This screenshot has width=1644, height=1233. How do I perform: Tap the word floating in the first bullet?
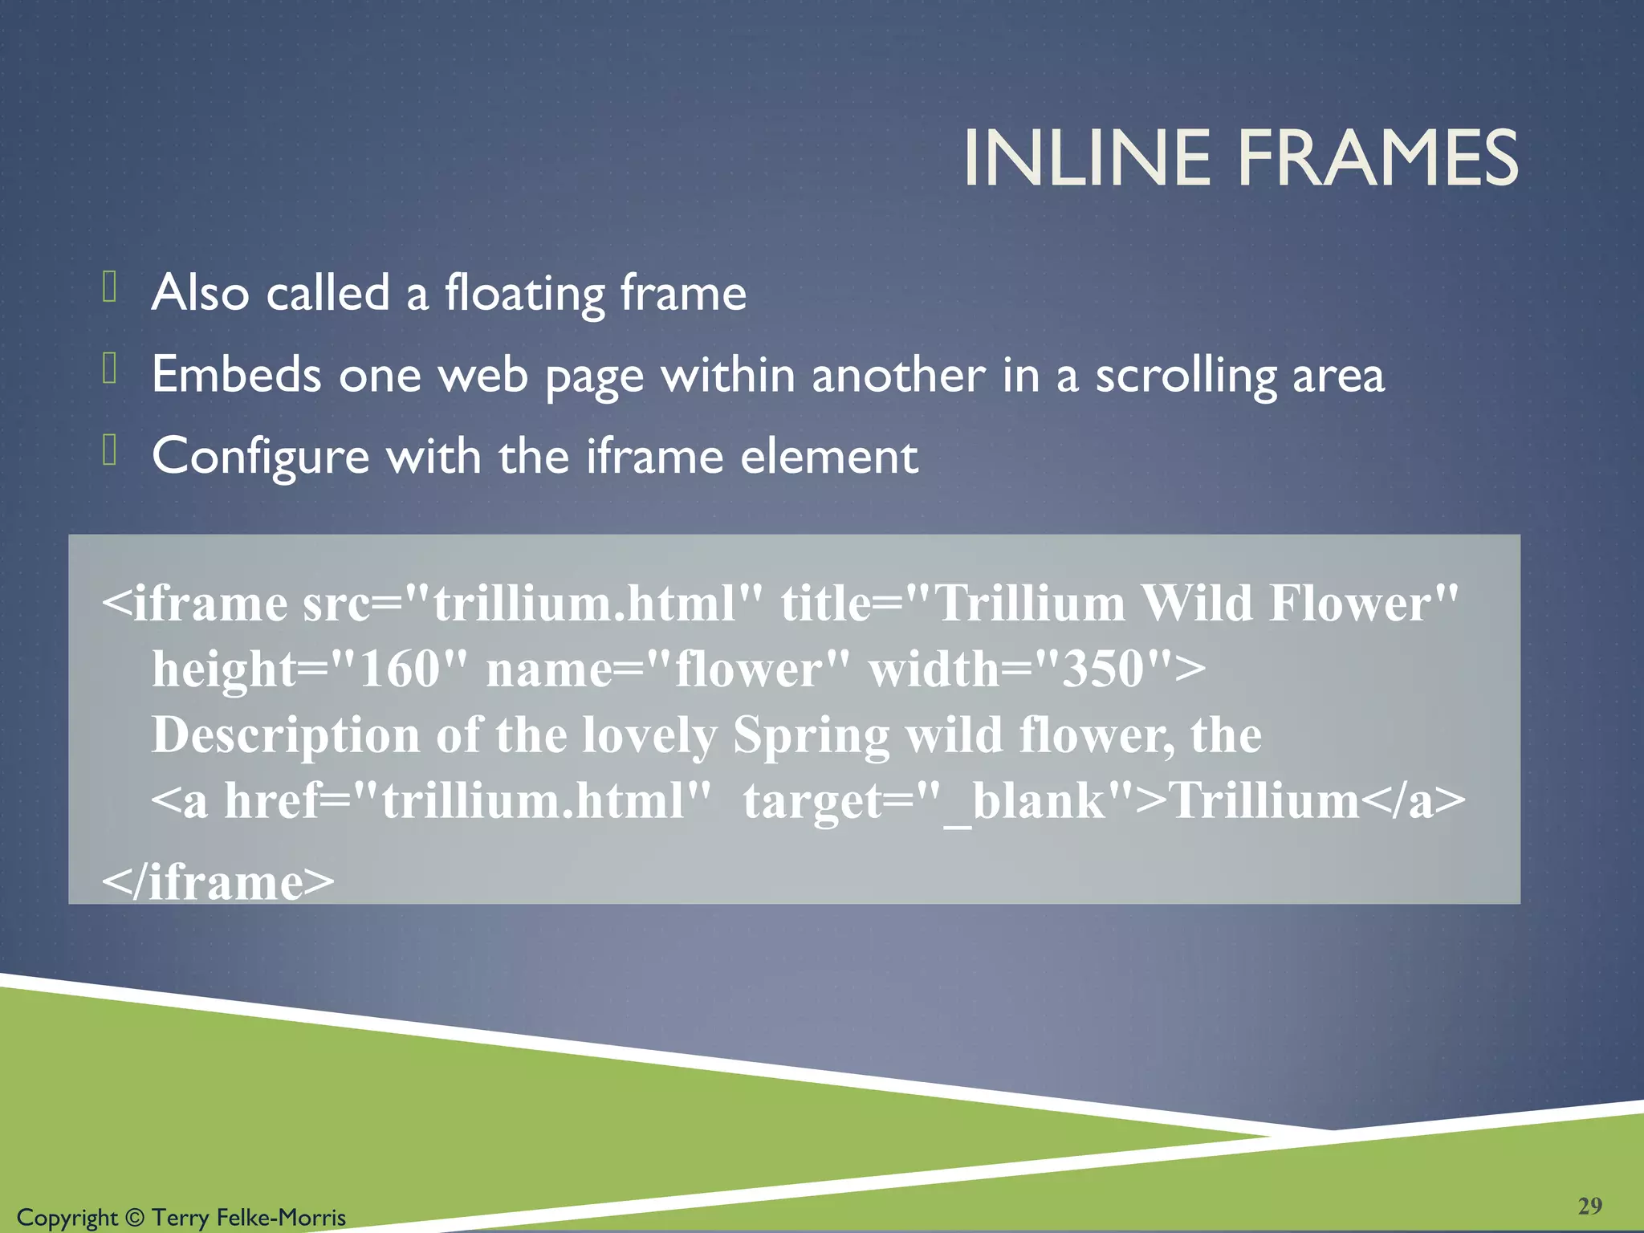point(524,293)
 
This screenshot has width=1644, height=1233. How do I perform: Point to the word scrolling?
point(1186,376)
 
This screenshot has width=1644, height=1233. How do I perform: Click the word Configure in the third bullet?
point(261,458)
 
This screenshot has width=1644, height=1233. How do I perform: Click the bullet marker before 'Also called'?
point(110,287)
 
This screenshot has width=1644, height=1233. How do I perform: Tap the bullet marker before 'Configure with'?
point(110,450)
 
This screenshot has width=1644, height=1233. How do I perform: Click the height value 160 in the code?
point(400,669)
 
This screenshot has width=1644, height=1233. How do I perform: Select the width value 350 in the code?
point(1103,669)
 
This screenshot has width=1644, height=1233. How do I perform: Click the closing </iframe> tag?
point(218,881)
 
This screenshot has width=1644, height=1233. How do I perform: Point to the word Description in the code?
point(286,735)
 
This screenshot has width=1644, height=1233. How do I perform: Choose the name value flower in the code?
point(749,669)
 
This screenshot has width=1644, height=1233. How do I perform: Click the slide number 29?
point(1589,1205)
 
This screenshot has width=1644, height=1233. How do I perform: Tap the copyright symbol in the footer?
point(135,1218)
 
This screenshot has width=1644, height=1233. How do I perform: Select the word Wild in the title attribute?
point(1196,603)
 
